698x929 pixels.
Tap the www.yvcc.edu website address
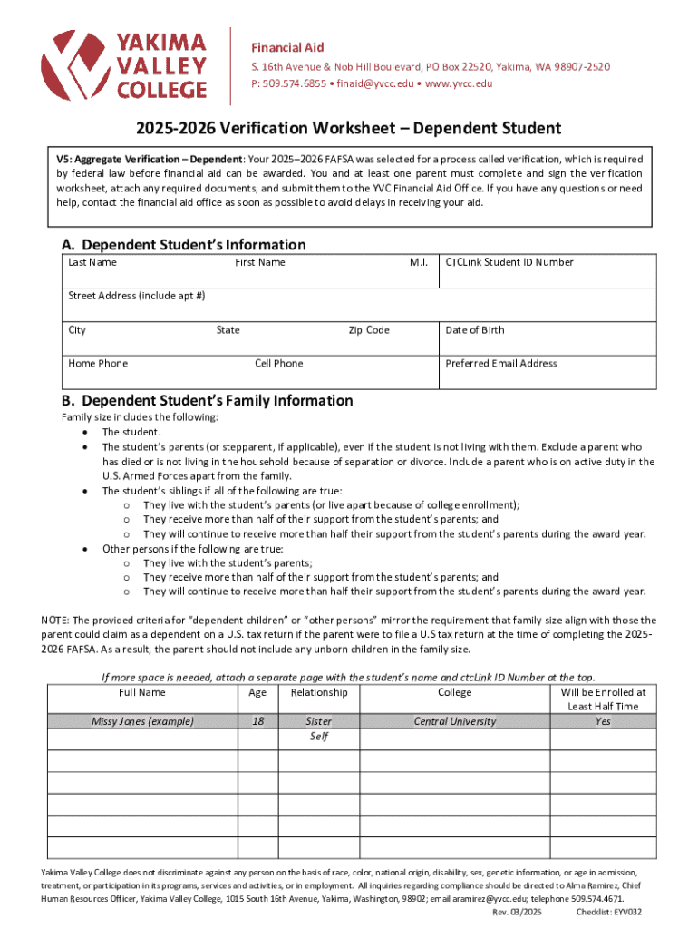tap(460, 83)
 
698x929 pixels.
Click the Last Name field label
tap(92, 262)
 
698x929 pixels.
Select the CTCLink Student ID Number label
tap(509, 262)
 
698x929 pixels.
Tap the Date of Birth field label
tap(474, 330)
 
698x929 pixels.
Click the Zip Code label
tap(369, 330)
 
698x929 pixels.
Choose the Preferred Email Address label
tap(501, 364)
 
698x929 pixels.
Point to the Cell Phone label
tap(279, 364)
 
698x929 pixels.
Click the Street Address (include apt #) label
tap(137, 296)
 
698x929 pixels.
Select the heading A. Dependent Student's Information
tap(183, 245)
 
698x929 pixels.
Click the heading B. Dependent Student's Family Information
tap(207, 401)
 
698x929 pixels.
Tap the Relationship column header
tap(319, 692)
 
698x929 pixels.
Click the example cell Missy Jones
tap(142, 721)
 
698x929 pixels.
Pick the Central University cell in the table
tap(455, 721)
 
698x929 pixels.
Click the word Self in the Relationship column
tap(319, 737)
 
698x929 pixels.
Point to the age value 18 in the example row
tap(257, 721)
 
